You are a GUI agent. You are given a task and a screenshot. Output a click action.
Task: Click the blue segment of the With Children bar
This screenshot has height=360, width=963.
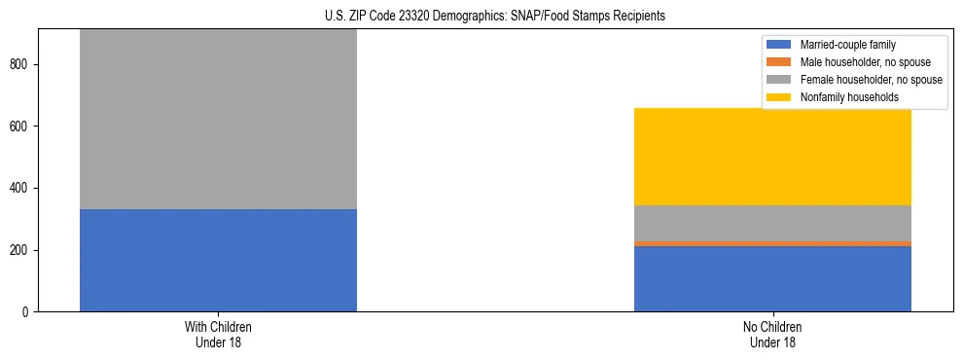(x=218, y=260)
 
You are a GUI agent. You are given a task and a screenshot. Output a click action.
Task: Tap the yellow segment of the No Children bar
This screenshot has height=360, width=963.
(x=772, y=157)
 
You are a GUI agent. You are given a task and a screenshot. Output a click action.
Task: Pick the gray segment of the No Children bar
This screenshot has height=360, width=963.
(x=772, y=223)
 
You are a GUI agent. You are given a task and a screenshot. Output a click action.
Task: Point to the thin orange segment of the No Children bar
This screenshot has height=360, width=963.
(x=772, y=243)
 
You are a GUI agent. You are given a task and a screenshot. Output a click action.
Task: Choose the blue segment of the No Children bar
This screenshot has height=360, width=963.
(x=772, y=278)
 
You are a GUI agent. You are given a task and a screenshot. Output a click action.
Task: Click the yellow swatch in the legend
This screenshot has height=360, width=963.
(x=780, y=97)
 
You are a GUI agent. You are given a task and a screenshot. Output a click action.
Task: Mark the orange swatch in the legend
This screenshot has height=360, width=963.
(x=780, y=62)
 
